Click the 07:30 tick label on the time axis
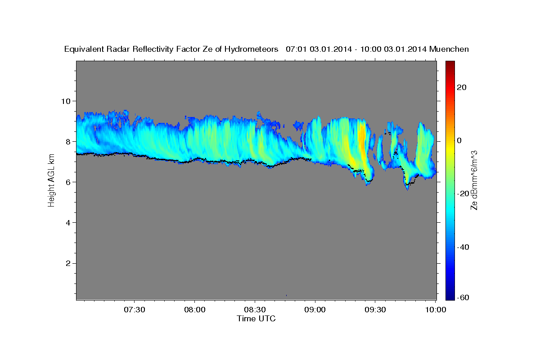click(134, 310)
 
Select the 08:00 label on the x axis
click(194, 310)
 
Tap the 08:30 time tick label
click(255, 310)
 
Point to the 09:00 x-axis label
click(315, 310)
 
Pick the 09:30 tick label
click(375, 310)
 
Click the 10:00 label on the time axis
click(435, 310)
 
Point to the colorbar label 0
click(459, 140)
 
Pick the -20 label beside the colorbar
click(463, 194)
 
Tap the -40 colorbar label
click(463, 247)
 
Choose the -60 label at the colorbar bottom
click(463, 297)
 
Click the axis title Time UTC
click(256, 319)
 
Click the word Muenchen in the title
click(449, 49)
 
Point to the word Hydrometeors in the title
click(251, 49)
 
